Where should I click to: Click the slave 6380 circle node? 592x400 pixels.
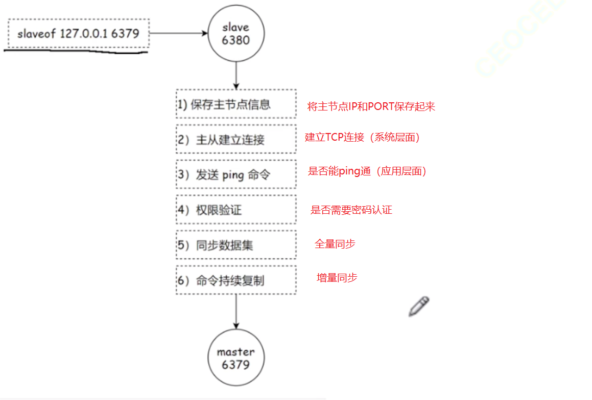coord(235,34)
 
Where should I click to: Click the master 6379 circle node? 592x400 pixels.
coord(235,358)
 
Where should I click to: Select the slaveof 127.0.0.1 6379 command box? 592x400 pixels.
coord(78,34)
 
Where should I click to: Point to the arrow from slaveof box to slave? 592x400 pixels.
coord(178,34)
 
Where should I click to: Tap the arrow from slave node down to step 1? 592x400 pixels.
coord(235,74)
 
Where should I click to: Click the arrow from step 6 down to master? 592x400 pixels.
coord(235,312)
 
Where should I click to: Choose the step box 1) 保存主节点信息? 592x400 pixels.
coord(236,104)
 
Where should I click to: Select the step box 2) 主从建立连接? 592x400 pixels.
coord(236,139)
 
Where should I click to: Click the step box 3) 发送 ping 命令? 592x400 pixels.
coord(236,174)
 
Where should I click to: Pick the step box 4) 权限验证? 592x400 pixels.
coord(236,210)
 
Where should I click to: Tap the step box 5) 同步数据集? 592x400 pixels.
coord(236,245)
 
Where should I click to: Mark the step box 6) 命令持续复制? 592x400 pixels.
coord(236,280)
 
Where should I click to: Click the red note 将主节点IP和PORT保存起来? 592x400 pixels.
coord(371,106)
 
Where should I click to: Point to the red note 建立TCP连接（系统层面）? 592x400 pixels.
coord(363,137)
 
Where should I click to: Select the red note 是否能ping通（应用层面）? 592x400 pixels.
coord(367,171)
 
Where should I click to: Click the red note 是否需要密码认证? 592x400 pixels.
coord(351,210)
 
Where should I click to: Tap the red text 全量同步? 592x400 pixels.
coord(335,244)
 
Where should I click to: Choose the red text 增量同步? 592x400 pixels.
coord(337,278)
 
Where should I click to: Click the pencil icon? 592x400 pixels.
coord(419,306)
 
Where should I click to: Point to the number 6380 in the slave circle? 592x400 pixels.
coord(235,40)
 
